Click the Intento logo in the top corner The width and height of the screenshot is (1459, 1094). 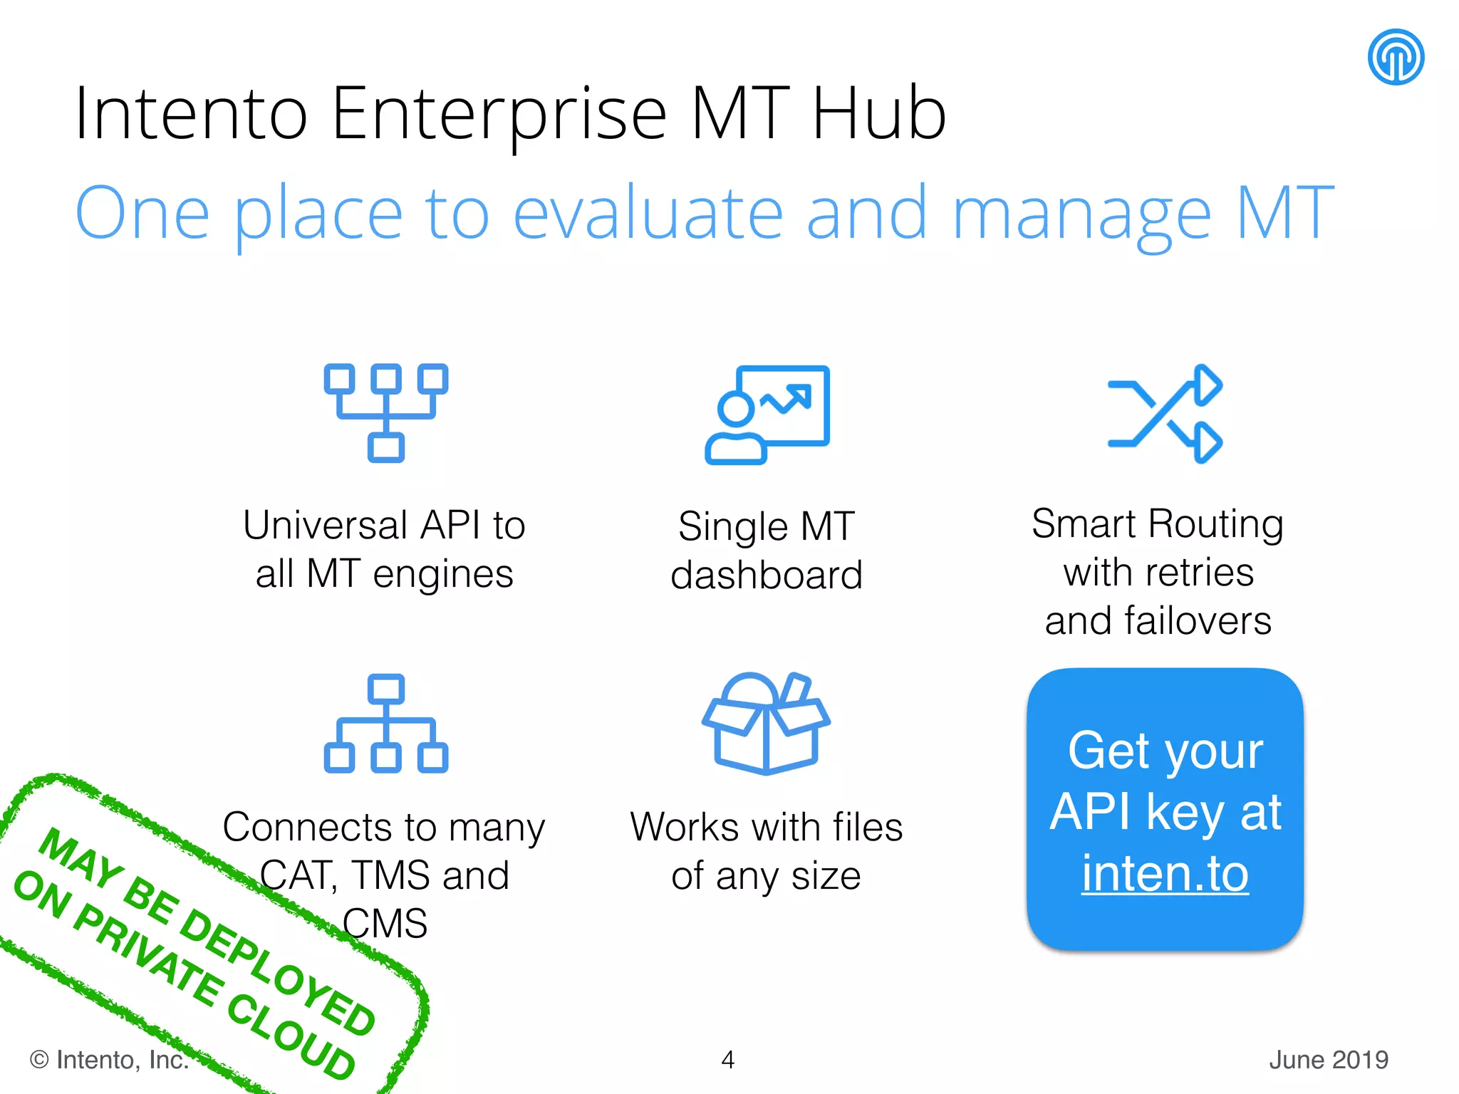pyautogui.click(x=1396, y=57)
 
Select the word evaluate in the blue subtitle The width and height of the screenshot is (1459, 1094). pyautogui.click(x=648, y=213)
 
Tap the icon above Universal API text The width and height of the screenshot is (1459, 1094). pyautogui.click(x=386, y=412)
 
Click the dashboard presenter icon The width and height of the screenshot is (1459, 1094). pyautogui.click(x=767, y=415)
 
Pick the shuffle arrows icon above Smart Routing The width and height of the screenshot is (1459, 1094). pyautogui.click(x=1165, y=414)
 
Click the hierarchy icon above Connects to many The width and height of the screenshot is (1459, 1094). pyautogui.click(x=386, y=724)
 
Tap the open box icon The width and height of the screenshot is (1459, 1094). pyautogui.click(x=766, y=723)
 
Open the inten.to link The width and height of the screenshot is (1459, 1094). pyautogui.click(x=1165, y=873)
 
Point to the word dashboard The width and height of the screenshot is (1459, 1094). pyautogui.click(x=767, y=575)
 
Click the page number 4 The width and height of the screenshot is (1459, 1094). pyautogui.click(x=727, y=1060)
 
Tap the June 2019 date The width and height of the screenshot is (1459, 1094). pyautogui.click(x=1329, y=1060)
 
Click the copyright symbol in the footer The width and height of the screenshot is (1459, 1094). pyautogui.click(x=39, y=1060)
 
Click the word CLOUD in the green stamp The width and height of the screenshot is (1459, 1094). pyautogui.click(x=292, y=1036)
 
